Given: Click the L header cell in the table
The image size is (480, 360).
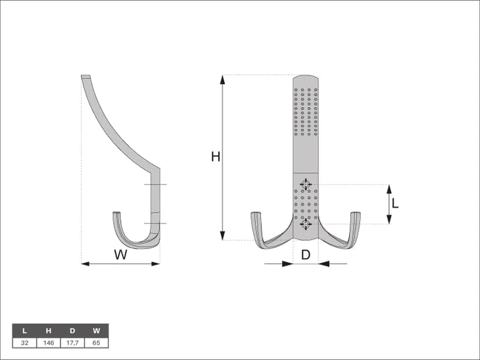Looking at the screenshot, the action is [x=24, y=330].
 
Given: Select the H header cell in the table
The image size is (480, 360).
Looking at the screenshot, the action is [x=49, y=330].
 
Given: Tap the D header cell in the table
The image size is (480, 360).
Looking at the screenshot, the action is [x=72, y=330].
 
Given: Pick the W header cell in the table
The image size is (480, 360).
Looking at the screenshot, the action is [x=97, y=330].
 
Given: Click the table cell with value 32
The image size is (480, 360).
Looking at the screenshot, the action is [x=24, y=343].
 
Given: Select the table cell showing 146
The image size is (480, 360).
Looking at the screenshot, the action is [x=49, y=343].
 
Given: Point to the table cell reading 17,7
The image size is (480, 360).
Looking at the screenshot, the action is [x=72, y=343].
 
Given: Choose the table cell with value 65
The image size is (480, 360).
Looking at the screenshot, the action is [x=97, y=343].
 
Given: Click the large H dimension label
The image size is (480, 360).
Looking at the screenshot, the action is [x=216, y=156].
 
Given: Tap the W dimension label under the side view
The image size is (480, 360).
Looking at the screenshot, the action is [x=120, y=254].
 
